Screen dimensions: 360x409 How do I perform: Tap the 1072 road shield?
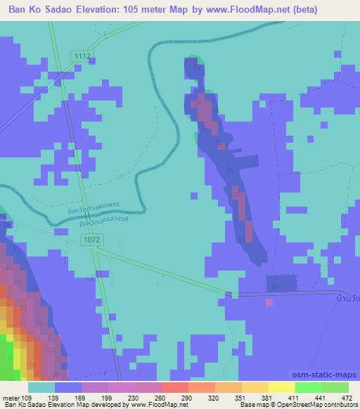click(92, 240)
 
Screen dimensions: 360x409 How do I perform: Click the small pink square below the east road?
click(269, 302)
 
